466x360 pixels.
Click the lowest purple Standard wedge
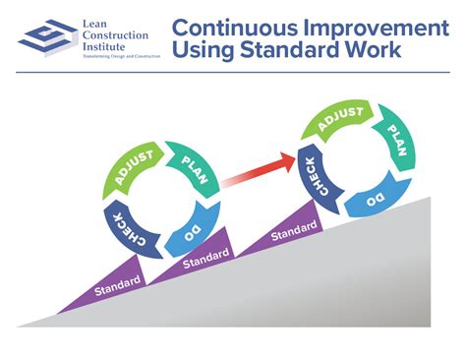coord(119,288)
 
